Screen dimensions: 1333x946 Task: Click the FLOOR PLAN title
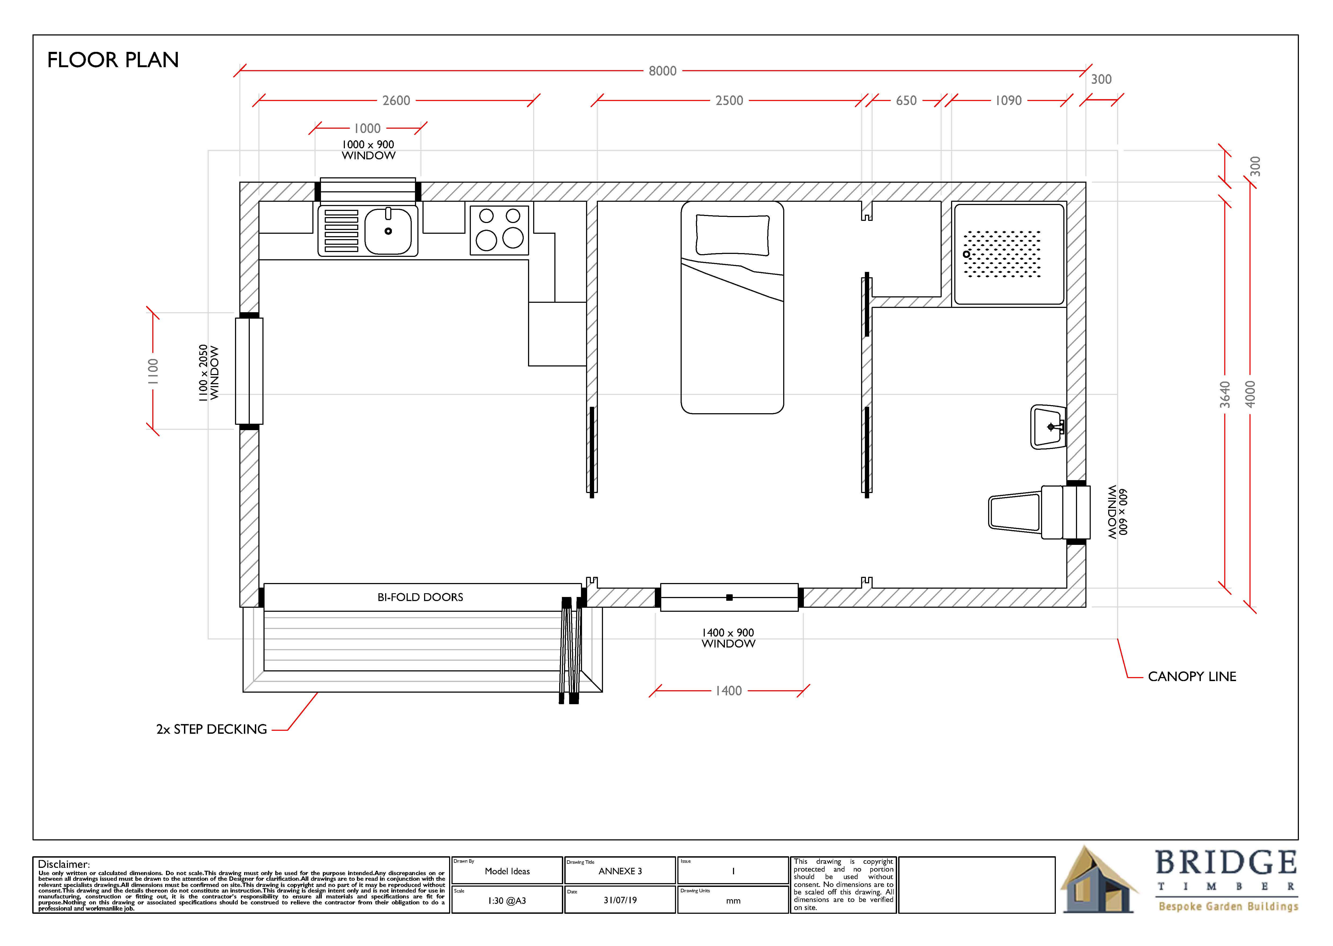click(113, 60)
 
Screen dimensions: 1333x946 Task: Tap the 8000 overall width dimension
click(663, 71)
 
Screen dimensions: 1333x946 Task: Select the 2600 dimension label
click(397, 101)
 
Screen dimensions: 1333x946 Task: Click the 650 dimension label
click(906, 101)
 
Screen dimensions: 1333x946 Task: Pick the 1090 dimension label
click(1009, 101)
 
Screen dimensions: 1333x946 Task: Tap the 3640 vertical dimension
click(1225, 394)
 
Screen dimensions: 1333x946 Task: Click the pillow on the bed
click(733, 235)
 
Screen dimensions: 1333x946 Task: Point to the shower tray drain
click(967, 254)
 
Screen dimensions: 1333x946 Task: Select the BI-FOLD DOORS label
click(420, 597)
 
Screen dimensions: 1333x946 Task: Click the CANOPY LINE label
click(1192, 676)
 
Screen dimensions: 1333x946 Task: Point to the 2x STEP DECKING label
click(211, 729)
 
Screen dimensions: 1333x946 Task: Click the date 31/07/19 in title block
click(620, 900)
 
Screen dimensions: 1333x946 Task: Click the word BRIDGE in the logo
click(1226, 862)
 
